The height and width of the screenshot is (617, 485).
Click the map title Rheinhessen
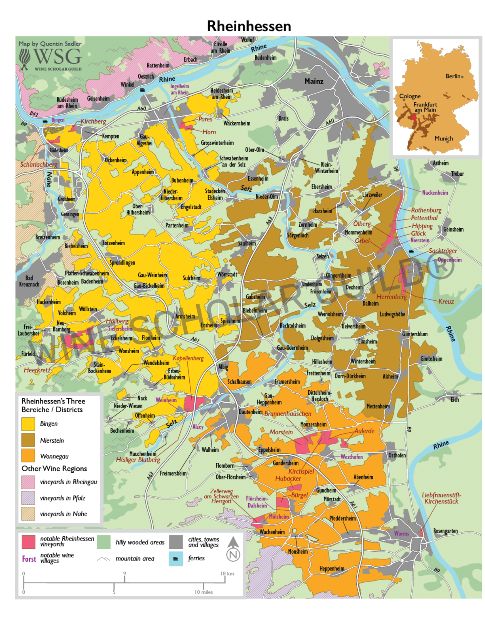click(249, 26)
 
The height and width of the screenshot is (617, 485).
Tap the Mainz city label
click(314, 81)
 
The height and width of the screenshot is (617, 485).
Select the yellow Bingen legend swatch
click(28, 424)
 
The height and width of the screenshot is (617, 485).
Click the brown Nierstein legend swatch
click(28, 440)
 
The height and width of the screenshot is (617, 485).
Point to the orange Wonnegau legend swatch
click(28, 456)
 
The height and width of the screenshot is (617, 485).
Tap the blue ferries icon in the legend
click(176, 558)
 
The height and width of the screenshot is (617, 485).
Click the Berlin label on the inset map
click(453, 76)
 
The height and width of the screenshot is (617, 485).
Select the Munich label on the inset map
click(443, 138)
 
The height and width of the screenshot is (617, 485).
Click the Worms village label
click(401, 534)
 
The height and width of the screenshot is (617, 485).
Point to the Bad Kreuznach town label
click(29, 281)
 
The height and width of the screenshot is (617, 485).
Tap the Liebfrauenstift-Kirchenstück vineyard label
click(441, 498)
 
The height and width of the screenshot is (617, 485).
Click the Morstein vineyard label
click(281, 432)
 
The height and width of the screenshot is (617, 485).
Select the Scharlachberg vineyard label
click(39, 164)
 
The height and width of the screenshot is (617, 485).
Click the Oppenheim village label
click(450, 260)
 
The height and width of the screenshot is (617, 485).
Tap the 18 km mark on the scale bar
click(227, 574)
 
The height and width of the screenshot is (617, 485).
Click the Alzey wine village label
click(198, 427)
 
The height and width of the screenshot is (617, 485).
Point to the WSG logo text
click(58, 57)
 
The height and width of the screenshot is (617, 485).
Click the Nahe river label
click(49, 179)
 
